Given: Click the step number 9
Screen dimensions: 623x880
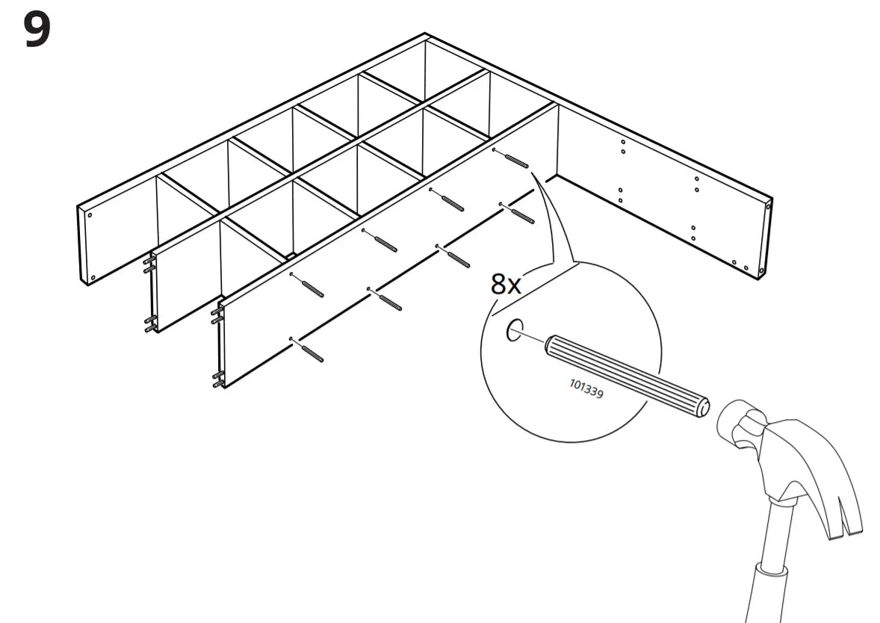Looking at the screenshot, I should pos(37,31).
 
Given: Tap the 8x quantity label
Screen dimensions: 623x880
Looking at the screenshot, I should pos(506,284).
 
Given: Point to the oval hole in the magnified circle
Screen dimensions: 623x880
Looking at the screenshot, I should pos(515,330).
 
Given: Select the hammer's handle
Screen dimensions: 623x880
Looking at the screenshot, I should pos(770,575).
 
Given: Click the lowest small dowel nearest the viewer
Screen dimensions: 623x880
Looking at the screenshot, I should pos(312,352).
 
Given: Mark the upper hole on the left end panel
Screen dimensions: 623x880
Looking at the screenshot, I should pos(90,215).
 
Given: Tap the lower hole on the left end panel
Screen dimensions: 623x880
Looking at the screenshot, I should pos(93,277).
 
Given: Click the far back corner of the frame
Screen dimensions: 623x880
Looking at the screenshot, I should pos(425,36).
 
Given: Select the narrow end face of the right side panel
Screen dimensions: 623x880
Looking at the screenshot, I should pos(766,239).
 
